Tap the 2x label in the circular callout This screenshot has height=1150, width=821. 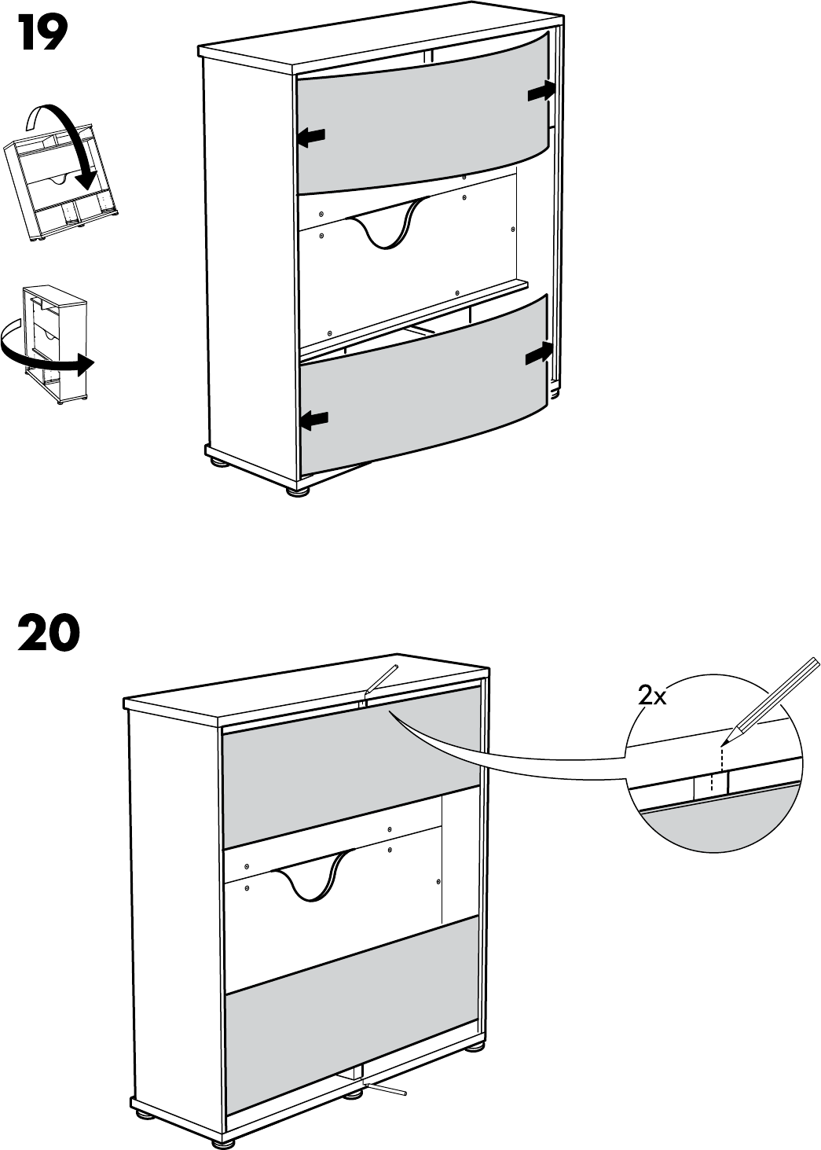click(651, 695)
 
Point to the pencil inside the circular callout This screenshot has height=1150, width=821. click(774, 696)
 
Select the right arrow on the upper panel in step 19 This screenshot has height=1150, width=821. click(541, 93)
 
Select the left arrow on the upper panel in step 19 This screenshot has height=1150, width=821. click(311, 138)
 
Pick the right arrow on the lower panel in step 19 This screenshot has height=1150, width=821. click(540, 355)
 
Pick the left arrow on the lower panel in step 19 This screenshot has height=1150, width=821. click(313, 420)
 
